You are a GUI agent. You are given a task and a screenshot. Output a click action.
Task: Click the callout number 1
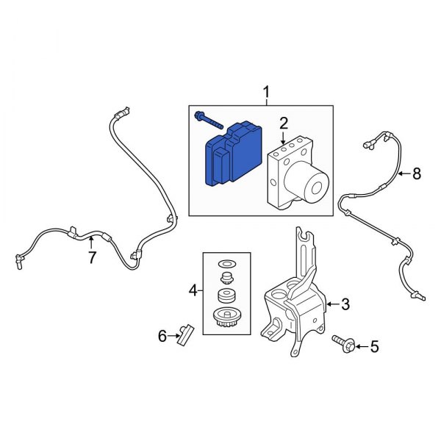267,92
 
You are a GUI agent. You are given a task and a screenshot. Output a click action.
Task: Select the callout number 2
283,122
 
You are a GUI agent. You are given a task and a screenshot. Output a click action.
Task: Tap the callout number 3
345,304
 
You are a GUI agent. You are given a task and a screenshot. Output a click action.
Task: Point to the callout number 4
193,292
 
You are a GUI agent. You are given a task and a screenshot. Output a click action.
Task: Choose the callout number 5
374,345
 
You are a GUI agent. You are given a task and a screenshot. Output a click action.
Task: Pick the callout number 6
162,337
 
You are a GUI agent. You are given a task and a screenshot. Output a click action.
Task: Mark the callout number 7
92,257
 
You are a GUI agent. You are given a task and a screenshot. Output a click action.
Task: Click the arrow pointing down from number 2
283,137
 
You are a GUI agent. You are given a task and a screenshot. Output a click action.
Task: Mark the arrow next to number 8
403,174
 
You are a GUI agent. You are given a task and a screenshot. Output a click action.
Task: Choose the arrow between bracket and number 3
331,304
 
